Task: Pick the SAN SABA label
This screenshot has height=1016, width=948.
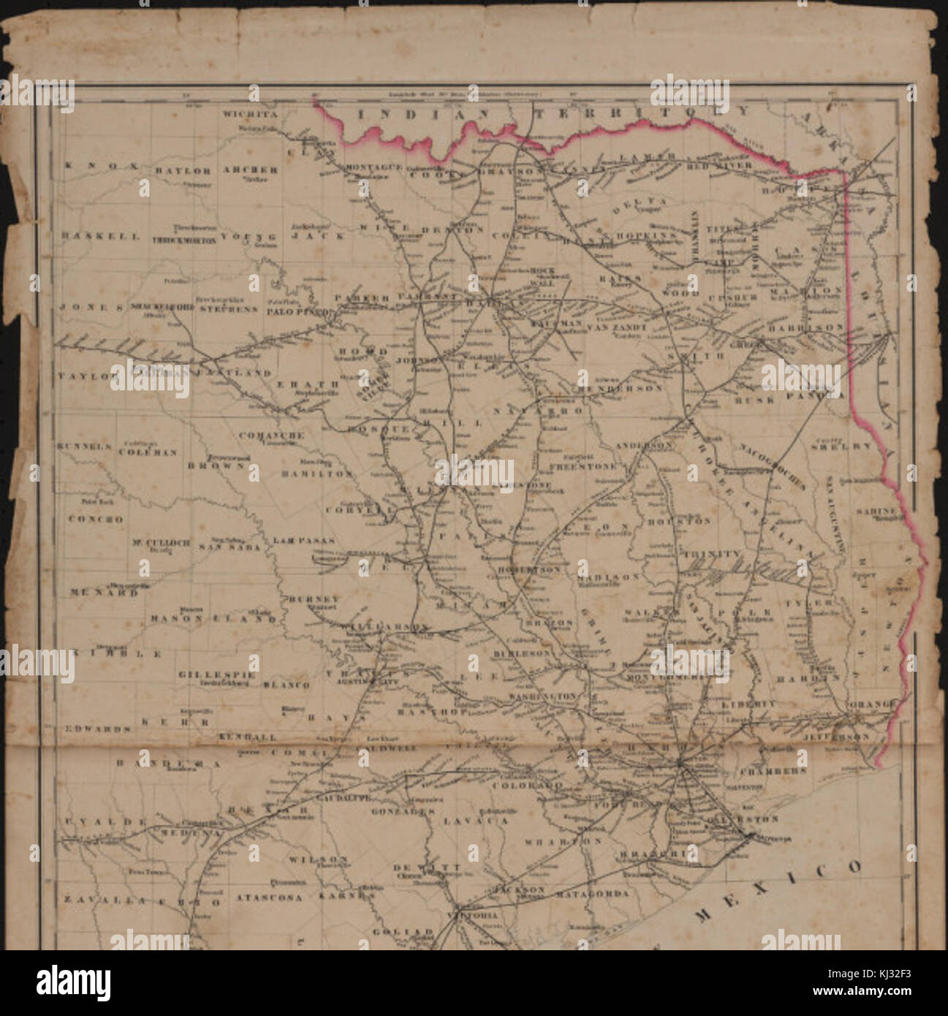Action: (229, 546)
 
